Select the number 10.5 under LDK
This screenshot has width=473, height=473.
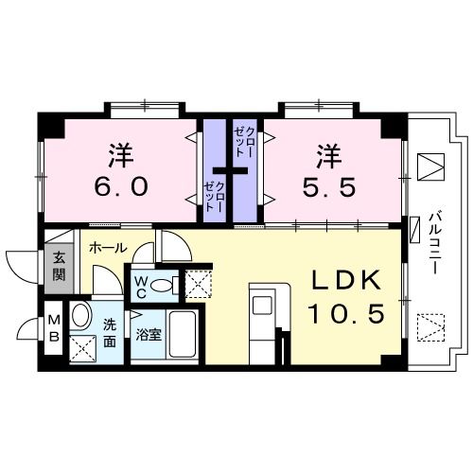(344, 313)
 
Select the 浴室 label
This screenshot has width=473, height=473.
(147, 334)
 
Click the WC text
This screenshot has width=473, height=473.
(139, 286)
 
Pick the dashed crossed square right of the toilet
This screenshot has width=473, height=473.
(198, 285)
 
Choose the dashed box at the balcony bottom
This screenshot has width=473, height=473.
(429, 327)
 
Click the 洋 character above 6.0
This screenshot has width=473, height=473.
(120, 151)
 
